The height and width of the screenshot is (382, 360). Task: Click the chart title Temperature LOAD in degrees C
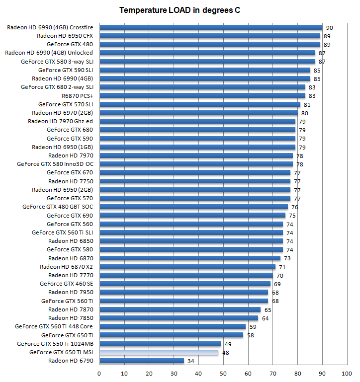pos(180,10)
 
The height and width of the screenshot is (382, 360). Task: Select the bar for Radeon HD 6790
pos(142,361)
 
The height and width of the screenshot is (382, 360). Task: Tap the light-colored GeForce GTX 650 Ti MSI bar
pos(159,353)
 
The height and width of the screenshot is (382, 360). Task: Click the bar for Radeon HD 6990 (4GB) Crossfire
pos(211,28)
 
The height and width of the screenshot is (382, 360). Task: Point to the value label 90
pos(329,28)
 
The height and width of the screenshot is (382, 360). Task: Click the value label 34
pos(190,361)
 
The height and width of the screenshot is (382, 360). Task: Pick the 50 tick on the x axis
pos(223,373)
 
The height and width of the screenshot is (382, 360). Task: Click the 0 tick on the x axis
pos(99,373)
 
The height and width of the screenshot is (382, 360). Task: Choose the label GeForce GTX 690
pos(70,216)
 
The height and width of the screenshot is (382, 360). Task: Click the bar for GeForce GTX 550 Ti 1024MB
pos(160,344)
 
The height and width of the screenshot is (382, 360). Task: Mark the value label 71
pos(282,267)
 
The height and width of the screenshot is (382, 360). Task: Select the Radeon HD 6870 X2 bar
pos(187,267)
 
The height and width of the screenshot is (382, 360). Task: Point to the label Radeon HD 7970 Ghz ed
pos(60,121)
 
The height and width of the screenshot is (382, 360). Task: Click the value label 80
pos(304,113)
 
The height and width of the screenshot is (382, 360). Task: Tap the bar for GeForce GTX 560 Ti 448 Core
pos(173,327)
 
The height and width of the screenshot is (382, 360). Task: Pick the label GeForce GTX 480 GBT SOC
pos(58,207)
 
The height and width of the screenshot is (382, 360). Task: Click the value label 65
pos(268,310)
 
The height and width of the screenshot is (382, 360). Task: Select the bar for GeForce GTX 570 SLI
pos(200,104)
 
